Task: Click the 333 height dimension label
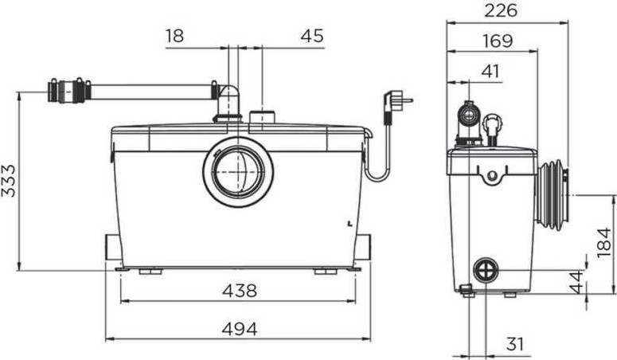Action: click(9, 181)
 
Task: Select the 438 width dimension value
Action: click(240, 291)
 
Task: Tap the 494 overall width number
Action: click(240, 329)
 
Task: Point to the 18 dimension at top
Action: click(174, 36)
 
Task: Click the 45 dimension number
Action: click(312, 36)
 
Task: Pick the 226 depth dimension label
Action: click(501, 10)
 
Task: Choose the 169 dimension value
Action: click(498, 41)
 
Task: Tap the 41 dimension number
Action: click(490, 72)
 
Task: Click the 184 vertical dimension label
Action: click(605, 243)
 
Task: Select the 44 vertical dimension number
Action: click(577, 282)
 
